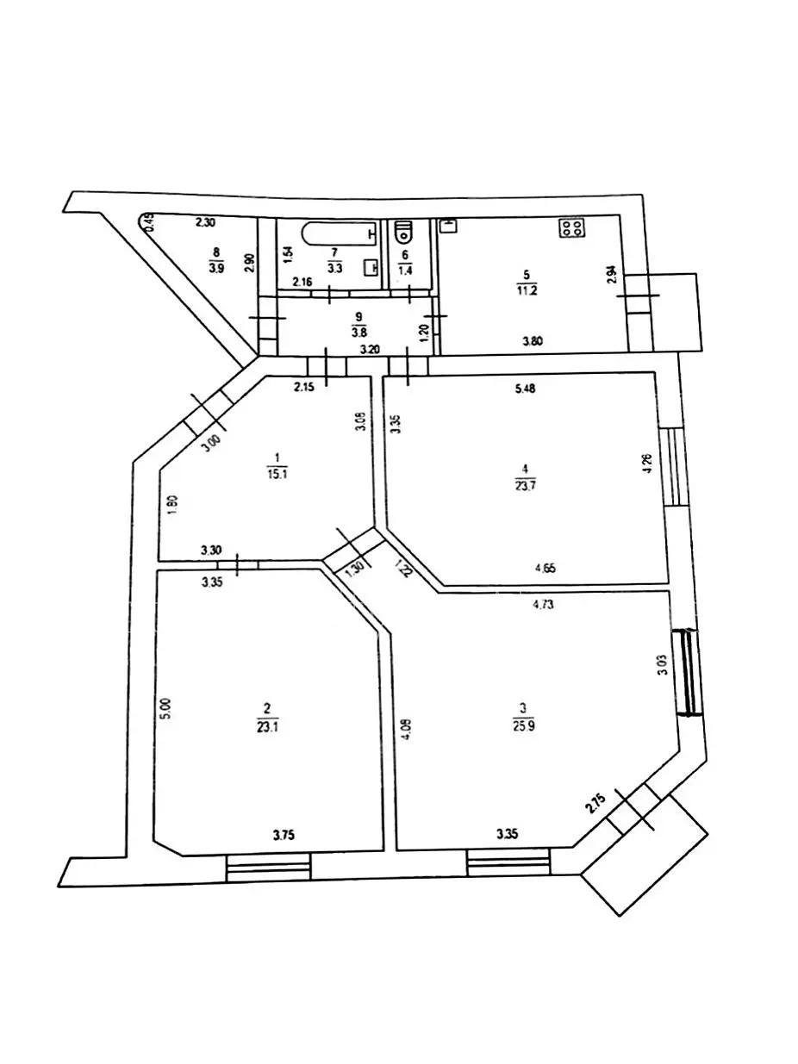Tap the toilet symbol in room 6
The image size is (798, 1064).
403,232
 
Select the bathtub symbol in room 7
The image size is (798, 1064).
339,233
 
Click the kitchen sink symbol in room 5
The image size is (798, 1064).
448,225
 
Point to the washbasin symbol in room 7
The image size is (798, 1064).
371,267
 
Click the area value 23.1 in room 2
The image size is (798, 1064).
266,725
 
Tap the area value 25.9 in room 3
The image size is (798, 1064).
523,725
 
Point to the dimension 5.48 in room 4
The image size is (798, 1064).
525,389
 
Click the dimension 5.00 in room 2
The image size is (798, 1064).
168,708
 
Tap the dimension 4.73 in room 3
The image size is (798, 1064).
543,604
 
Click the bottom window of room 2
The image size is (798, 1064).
268,867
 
